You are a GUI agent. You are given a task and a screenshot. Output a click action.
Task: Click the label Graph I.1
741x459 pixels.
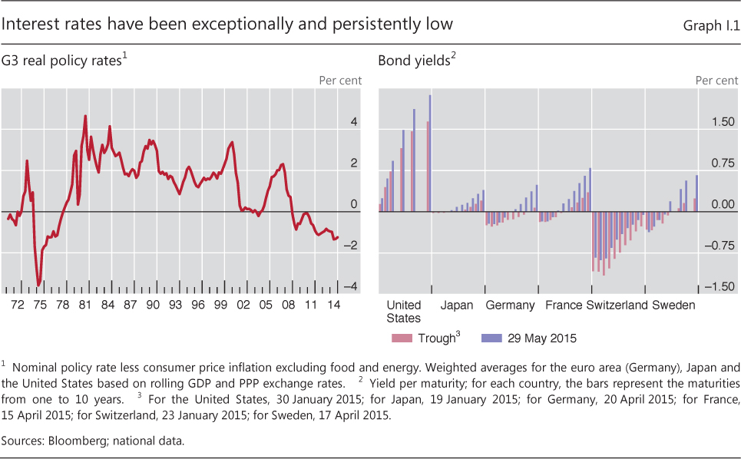[712, 26]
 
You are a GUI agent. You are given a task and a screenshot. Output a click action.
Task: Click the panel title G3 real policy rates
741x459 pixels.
[64, 61]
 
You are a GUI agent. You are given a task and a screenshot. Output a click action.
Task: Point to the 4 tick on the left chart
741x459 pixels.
[354, 122]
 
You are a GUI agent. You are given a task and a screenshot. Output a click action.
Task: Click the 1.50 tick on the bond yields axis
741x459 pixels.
[722, 122]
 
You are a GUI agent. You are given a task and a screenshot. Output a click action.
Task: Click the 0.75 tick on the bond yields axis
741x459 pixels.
[722, 163]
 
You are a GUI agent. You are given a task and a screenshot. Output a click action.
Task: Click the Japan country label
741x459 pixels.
[457, 305]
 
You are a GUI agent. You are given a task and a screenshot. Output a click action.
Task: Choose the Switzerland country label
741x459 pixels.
[617, 305]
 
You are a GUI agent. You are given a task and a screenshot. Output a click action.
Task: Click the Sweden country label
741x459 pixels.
[673, 305]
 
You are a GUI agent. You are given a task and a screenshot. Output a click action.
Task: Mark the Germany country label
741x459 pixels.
[510, 305]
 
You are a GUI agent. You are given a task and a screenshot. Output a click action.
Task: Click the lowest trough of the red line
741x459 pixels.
[38, 285]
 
